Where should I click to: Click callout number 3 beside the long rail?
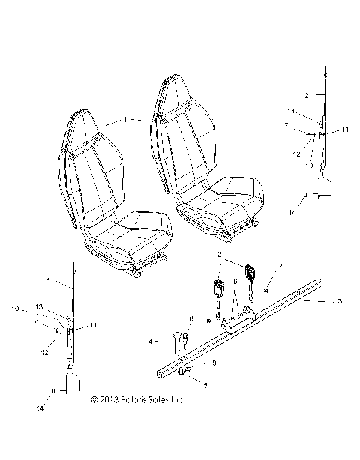[340, 301]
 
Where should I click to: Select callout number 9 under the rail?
[214, 363]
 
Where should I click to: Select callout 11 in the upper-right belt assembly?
[346, 130]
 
